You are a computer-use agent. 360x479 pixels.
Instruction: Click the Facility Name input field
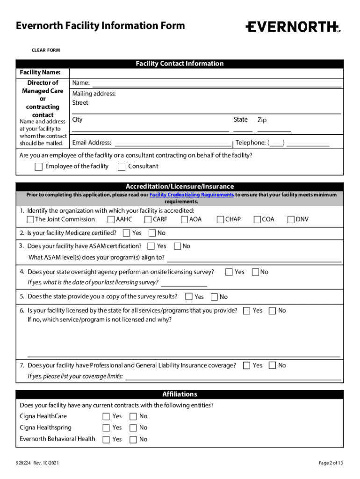[206, 73]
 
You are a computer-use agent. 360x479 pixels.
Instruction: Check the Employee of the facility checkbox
[39, 167]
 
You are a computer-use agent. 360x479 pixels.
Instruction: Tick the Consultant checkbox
[122, 167]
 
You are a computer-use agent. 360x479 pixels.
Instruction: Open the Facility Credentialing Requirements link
[192, 195]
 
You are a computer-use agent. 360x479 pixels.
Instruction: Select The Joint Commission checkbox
[30, 219]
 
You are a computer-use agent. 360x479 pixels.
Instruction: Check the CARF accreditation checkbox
[148, 219]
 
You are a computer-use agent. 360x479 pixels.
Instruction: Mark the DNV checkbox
[291, 219]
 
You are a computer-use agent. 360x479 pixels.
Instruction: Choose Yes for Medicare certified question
[127, 233]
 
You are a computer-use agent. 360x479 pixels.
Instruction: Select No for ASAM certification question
[177, 246]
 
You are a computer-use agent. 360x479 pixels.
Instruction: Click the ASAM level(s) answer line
[254, 258]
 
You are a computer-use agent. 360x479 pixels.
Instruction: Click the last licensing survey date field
[184, 283]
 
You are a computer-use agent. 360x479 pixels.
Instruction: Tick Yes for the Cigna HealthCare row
[106, 416]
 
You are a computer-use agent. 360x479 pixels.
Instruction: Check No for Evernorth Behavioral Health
[133, 439]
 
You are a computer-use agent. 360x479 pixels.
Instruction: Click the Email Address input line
[173, 143]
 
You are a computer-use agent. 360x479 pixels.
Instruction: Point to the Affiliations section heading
[180, 394]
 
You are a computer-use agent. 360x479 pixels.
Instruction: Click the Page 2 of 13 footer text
[331, 463]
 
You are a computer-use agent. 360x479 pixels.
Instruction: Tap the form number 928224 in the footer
[23, 463]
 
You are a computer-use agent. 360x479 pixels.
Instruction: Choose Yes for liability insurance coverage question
[246, 366]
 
